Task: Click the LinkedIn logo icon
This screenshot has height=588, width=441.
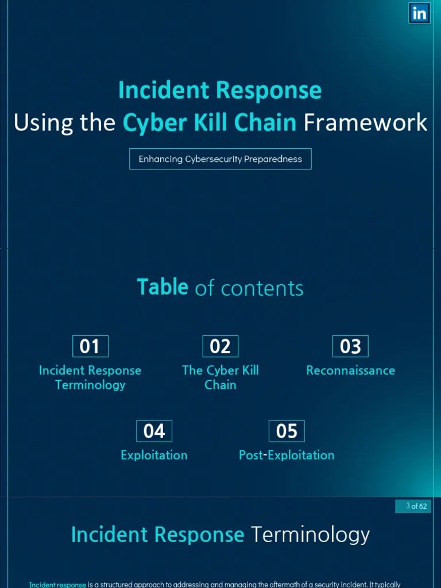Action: [x=419, y=13]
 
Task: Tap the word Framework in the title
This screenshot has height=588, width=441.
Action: [x=365, y=122]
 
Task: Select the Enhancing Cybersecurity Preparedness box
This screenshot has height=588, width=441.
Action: [x=220, y=159]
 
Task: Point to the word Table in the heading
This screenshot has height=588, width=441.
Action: [x=163, y=287]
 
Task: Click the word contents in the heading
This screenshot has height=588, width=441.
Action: [x=262, y=288]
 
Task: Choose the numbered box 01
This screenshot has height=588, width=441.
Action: [x=90, y=346]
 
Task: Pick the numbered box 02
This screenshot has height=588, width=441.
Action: [x=220, y=346]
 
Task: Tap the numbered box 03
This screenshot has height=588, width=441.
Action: [x=350, y=346]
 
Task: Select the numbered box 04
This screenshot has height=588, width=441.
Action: [x=154, y=431]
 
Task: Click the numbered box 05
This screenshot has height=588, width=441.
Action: [x=287, y=431]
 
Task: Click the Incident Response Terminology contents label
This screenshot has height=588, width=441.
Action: [x=90, y=377]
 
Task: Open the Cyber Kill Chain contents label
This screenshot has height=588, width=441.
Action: [x=220, y=377]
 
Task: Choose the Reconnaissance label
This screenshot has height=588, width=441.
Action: [x=350, y=370]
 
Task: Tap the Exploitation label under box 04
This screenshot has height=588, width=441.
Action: [x=154, y=455]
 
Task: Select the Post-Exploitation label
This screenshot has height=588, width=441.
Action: [x=287, y=455]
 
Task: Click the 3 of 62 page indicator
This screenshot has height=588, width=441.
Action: [x=413, y=506]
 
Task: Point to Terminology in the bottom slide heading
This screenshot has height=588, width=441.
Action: [x=310, y=535]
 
